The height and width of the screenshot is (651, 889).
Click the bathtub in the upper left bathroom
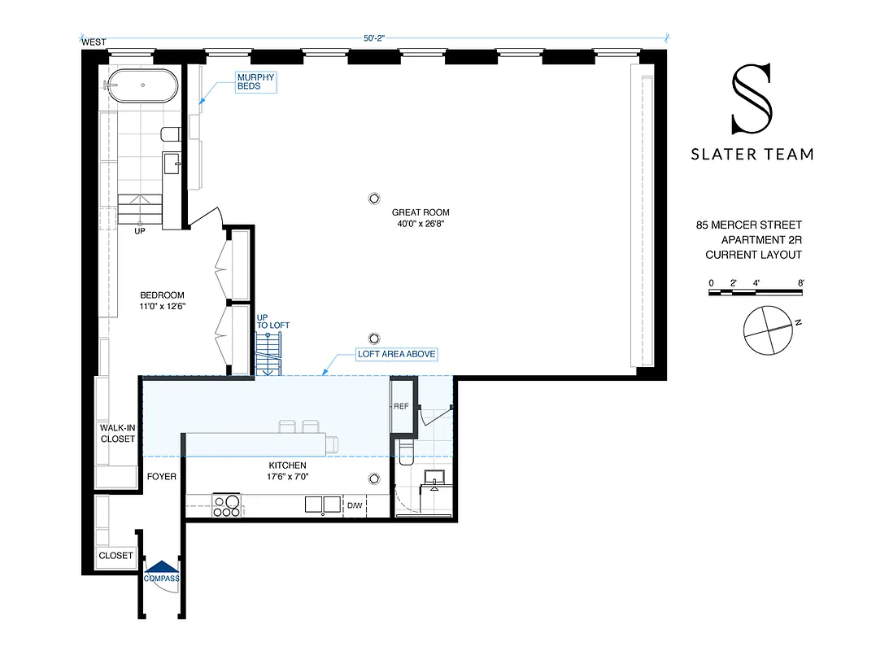142,85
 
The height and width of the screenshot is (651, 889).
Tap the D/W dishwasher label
355,506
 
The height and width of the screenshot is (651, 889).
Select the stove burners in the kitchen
226,506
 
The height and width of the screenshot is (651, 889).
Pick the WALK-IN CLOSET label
117,433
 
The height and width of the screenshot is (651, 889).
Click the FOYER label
161,477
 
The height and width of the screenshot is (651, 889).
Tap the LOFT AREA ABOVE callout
397,354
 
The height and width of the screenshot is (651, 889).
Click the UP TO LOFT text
272,321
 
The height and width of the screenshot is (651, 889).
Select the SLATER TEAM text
752,154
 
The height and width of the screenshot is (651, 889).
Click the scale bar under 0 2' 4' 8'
756,292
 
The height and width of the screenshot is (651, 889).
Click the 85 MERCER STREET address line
748,225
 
